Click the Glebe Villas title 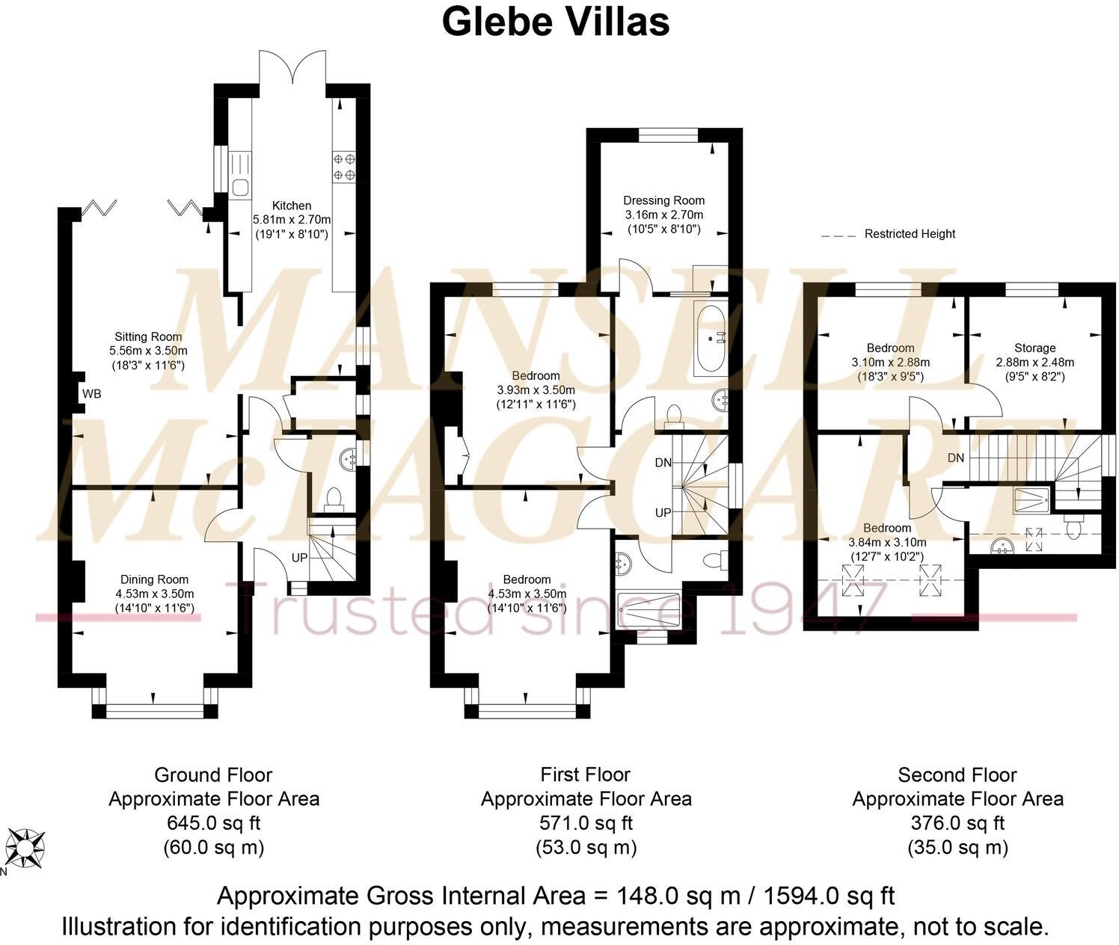[555, 21]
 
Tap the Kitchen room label [291, 206]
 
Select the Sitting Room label [148, 336]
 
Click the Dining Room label [155, 579]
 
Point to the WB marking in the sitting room [92, 393]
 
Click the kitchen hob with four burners [344, 167]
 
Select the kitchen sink [241, 187]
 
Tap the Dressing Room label [663, 200]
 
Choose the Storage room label [1034, 348]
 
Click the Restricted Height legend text [910, 234]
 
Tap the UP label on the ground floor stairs [299, 558]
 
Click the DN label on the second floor [956, 458]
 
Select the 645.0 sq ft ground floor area [213, 823]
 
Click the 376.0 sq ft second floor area [957, 823]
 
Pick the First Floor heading [586, 775]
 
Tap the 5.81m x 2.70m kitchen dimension [291, 220]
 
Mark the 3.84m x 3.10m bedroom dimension [887, 543]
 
